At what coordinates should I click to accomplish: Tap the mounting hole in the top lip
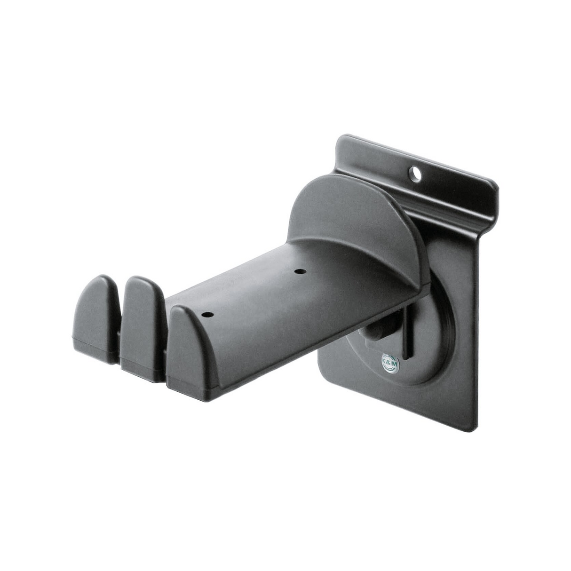(415, 174)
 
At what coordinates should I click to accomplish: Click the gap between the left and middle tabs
(119, 329)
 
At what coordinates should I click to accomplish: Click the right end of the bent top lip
(494, 198)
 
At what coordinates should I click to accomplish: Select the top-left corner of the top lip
(341, 139)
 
